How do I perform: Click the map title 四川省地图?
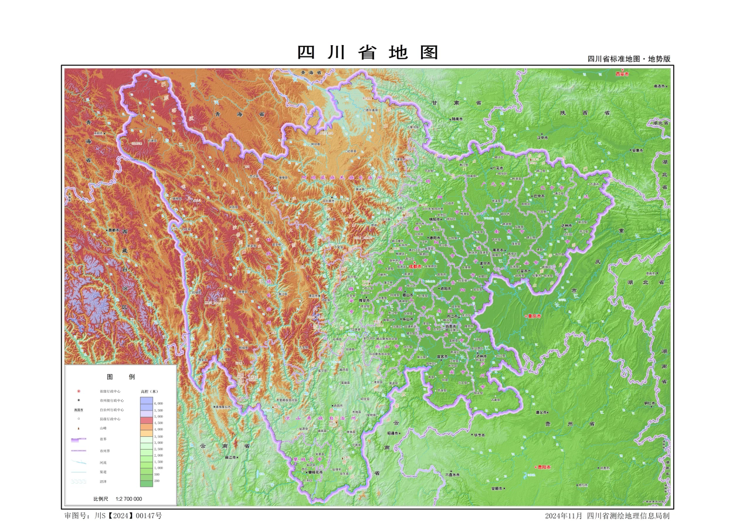click(368, 53)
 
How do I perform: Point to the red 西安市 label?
click(622, 74)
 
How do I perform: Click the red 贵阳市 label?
click(544, 467)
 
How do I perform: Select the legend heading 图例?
click(120, 377)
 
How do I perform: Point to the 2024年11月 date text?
click(564, 516)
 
